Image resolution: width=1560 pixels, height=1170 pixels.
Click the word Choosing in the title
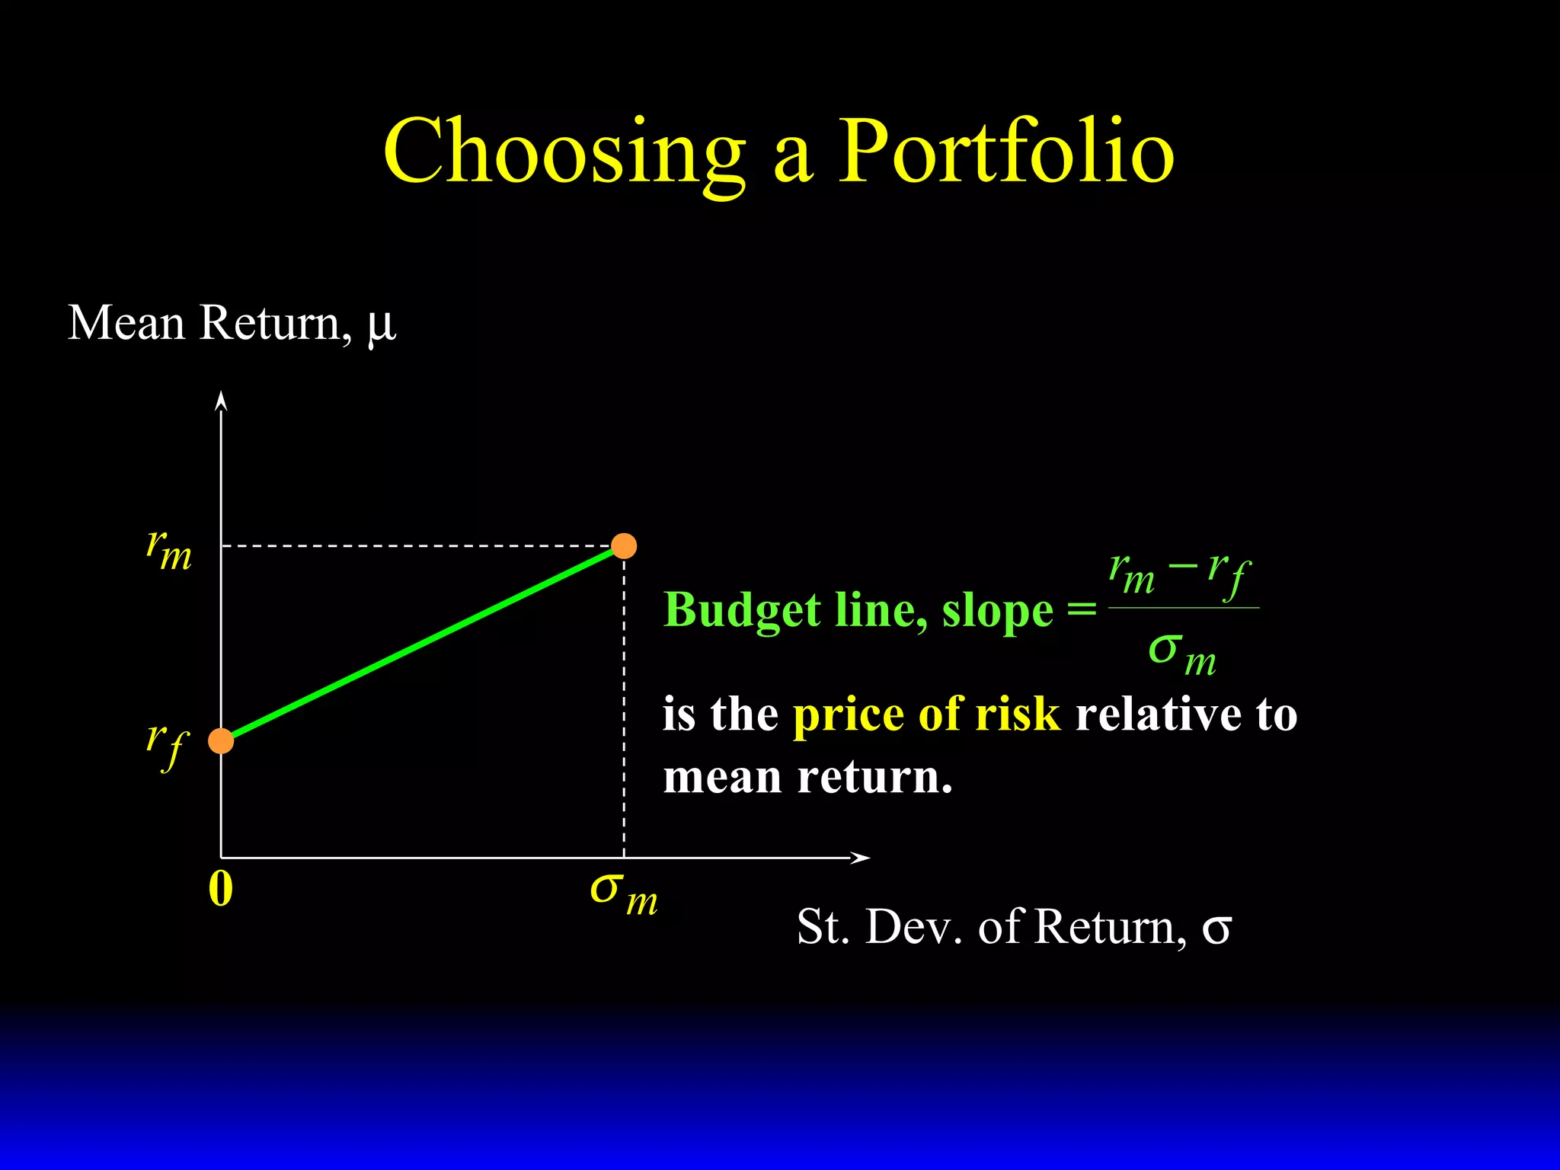(564, 152)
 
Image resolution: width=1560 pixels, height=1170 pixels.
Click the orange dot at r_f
(221, 740)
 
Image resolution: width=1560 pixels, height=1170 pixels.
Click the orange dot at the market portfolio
(624, 546)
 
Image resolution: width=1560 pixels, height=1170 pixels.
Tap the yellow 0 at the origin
(220, 889)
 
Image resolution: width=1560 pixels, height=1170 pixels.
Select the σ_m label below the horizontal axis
(624, 893)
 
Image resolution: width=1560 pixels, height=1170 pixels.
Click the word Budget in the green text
(742, 611)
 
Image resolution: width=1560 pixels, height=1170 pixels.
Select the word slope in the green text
(997, 611)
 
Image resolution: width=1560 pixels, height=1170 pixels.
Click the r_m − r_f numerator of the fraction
(1180, 573)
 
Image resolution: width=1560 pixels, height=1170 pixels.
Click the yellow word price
(847, 716)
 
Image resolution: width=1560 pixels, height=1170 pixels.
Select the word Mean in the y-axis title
(126, 323)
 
